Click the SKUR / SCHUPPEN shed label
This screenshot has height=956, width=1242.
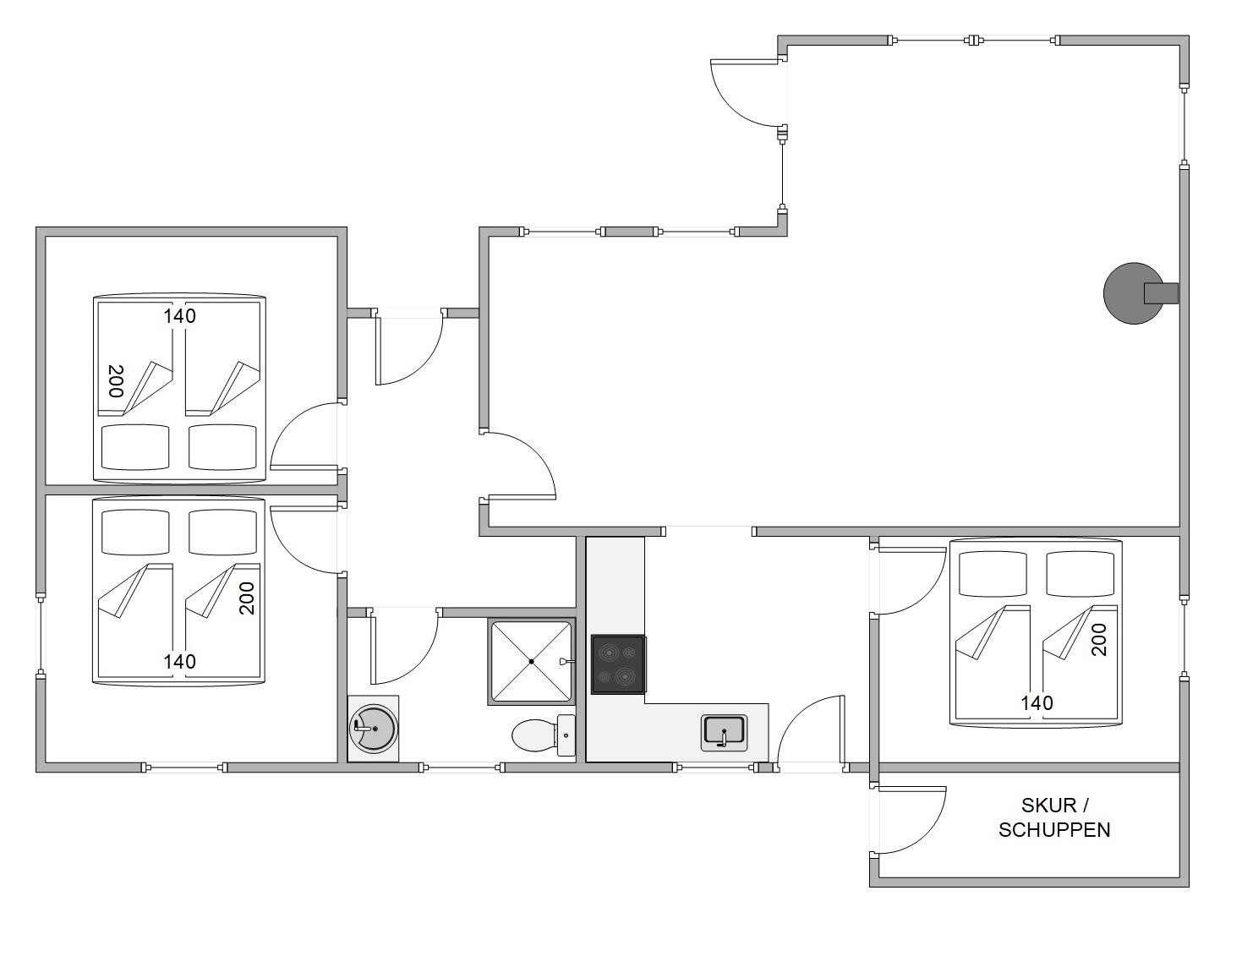coord(1054,817)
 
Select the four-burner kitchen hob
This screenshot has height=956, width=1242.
coord(618,664)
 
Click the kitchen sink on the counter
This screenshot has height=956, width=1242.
coord(725,733)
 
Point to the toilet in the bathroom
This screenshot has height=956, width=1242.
coord(544,735)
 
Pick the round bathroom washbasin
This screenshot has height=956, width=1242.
coord(373,729)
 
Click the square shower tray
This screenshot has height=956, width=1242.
coord(532,661)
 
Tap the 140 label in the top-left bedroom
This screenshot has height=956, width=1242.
coord(179,316)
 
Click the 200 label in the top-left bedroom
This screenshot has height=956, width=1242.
coord(116,381)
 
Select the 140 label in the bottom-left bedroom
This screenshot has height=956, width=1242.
coord(179,662)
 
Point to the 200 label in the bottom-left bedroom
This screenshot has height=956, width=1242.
coord(246,598)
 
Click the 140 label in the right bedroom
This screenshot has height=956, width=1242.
coord(1037,703)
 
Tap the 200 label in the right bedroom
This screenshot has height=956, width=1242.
coord(1099,639)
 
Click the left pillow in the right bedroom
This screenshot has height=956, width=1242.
coord(993,574)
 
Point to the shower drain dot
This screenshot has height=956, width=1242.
coord(532,662)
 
